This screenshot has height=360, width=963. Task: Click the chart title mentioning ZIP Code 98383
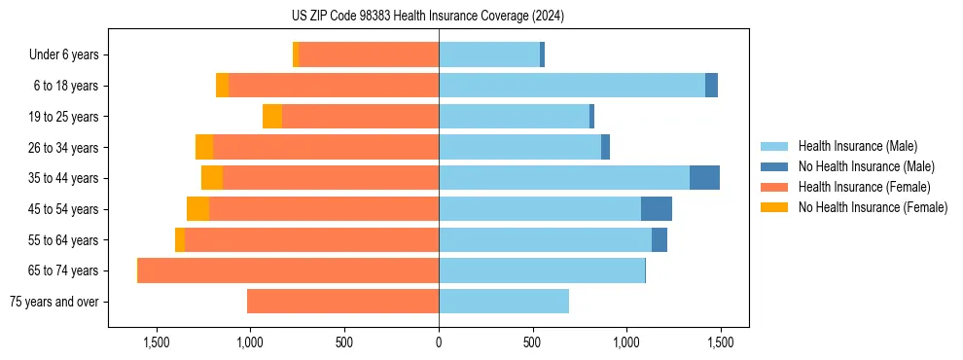coord(441,17)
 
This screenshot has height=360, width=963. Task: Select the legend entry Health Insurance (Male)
coord(857,146)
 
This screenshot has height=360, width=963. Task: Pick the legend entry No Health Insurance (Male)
coord(866,166)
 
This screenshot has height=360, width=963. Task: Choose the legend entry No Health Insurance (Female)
coord(873,207)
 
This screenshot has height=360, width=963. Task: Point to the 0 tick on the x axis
coord(439,343)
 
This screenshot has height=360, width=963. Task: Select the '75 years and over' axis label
coord(53,302)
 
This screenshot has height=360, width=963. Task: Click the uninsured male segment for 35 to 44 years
coord(704,178)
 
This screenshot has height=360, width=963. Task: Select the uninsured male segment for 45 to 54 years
coord(657,209)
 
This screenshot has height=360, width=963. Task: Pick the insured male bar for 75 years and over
coord(504,302)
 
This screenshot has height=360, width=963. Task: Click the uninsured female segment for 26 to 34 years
coord(204,147)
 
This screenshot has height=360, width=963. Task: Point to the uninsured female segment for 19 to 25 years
coord(272,117)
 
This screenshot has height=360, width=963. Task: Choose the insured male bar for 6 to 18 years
coord(572,86)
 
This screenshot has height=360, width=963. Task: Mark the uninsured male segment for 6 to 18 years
coord(711,86)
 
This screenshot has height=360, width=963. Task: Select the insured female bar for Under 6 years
coord(369,55)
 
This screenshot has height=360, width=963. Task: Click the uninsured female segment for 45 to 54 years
coord(197,209)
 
